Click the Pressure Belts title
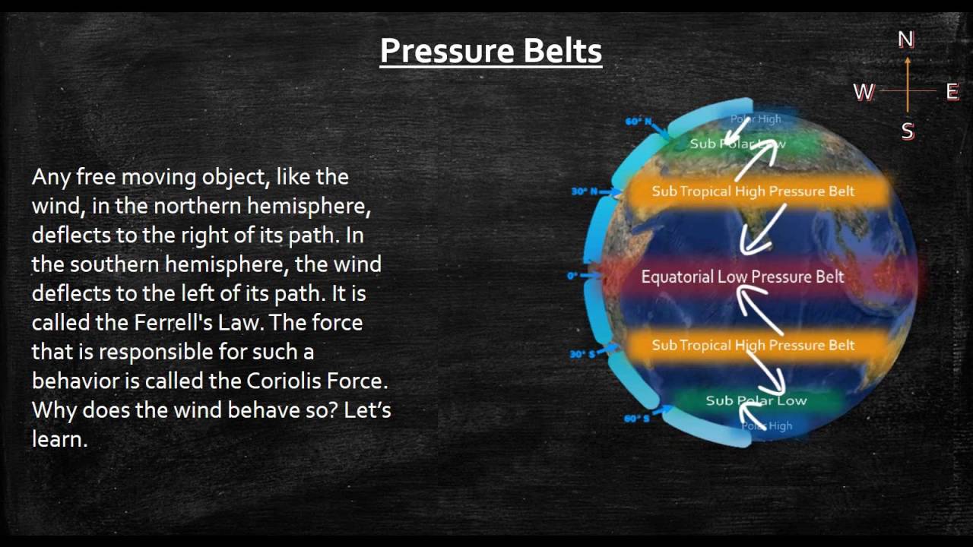tap(490, 51)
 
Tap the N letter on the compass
tap(905, 40)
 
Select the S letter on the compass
tap(907, 131)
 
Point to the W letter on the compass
tap(864, 92)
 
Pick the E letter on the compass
tap(952, 92)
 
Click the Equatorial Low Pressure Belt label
tap(742, 277)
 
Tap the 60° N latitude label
tap(639, 122)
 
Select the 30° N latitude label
tap(585, 191)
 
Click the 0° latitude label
tap(572, 276)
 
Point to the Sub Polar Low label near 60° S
tap(756, 400)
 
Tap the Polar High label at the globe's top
tap(755, 119)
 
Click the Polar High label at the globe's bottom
tap(767, 426)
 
